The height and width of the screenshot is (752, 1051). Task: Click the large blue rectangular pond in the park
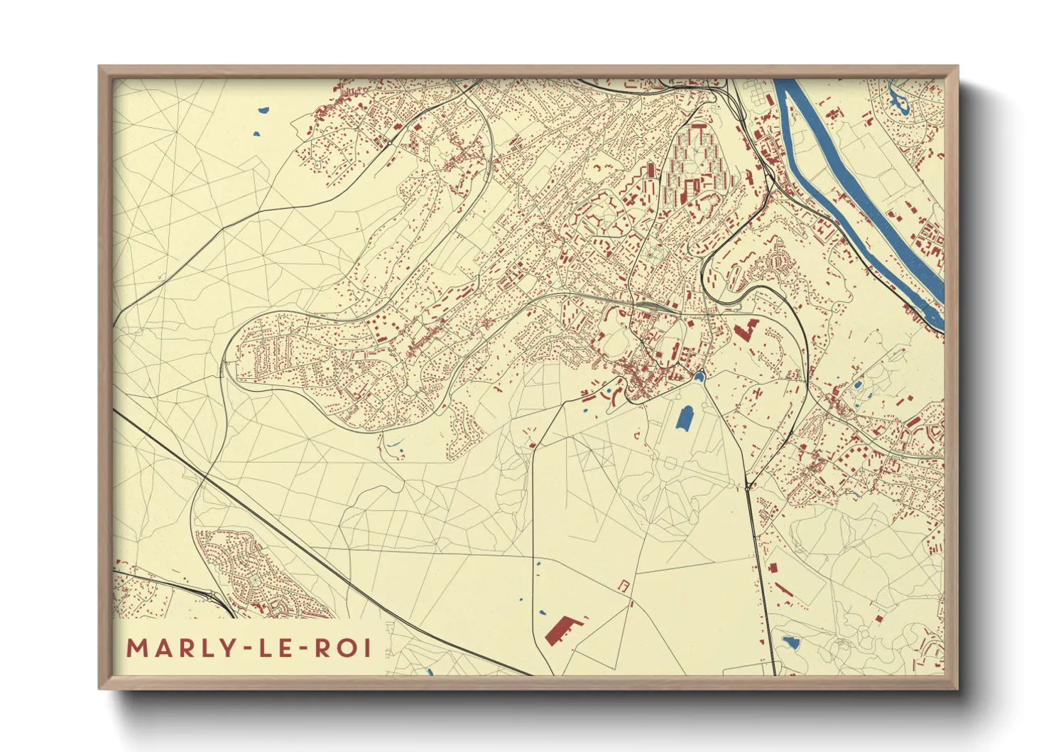point(685,417)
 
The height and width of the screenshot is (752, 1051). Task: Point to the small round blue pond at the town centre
point(699,377)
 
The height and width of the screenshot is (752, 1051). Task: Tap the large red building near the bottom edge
point(561,630)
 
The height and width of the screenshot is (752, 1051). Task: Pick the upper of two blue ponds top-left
point(263,110)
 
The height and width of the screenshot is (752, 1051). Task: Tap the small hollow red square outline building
point(624,585)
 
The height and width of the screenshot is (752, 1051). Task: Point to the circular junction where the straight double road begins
point(748,488)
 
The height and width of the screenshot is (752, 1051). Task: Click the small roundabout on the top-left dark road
point(390,143)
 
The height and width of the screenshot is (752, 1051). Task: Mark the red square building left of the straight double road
point(773,568)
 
